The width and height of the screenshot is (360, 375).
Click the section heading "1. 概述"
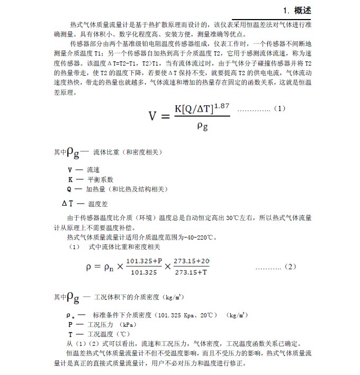tap(296, 10)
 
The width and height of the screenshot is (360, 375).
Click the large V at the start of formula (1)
tap(154, 116)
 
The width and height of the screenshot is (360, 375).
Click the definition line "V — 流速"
tap(84, 170)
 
